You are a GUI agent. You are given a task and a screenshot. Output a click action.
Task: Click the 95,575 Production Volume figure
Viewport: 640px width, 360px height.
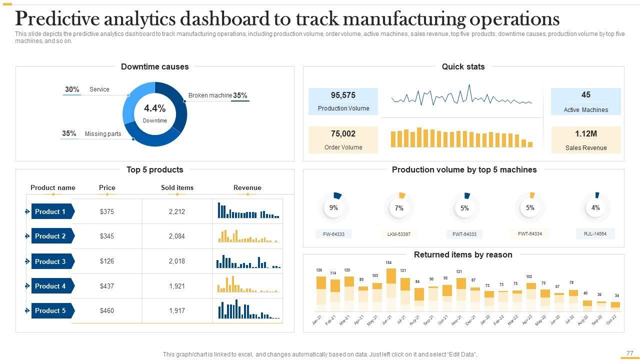click(x=343, y=95)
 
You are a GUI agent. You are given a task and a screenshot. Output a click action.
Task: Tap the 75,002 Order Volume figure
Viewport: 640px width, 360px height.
click(x=343, y=134)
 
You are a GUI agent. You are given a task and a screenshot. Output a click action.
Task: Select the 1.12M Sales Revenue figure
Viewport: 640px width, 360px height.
click(x=586, y=134)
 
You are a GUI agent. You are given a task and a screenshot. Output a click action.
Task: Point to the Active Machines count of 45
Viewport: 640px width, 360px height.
click(x=586, y=94)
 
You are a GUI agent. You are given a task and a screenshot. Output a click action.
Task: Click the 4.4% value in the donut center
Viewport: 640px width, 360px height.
click(x=155, y=108)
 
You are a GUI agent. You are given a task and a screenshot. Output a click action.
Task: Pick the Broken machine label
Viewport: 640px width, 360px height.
click(x=210, y=95)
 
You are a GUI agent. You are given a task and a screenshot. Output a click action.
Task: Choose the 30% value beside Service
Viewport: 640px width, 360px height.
click(x=72, y=89)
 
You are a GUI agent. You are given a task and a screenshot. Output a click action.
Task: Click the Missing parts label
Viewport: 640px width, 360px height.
click(x=103, y=134)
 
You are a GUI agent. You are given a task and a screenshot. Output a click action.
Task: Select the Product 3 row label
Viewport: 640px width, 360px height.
click(x=50, y=261)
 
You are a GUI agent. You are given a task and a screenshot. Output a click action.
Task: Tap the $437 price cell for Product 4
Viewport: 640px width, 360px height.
click(x=107, y=286)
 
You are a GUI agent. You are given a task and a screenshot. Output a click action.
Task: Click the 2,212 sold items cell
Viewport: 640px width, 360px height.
click(x=177, y=211)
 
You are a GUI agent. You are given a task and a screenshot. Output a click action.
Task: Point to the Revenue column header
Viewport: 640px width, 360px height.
click(x=247, y=188)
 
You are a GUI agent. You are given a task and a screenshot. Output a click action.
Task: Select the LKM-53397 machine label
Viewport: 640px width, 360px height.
click(x=399, y=234)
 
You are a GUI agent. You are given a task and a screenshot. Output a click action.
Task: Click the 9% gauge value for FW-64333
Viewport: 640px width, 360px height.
click(x=333, y=207)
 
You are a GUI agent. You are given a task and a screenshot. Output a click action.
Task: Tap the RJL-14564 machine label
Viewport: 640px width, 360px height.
click(x=595, y=233)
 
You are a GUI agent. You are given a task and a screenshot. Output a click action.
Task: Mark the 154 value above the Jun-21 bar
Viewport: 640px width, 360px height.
click(x=388, y=262)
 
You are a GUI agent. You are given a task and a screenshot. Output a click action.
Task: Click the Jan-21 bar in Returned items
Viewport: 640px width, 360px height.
click(x=321, y=295)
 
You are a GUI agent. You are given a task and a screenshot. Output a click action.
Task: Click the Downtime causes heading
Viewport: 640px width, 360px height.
click(x=155, y=66)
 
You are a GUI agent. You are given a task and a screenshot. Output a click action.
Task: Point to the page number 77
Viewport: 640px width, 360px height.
click(x=629, y=353)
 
